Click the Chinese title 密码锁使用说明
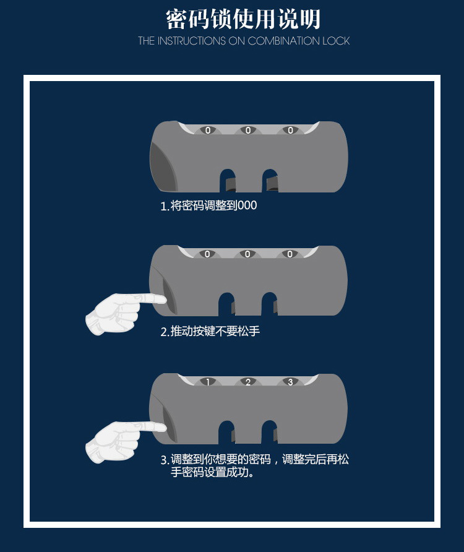tap(243, 19)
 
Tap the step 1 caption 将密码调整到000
tap(208, 205)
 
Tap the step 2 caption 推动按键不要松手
tap(210, 331)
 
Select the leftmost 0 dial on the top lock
tap(208, 131)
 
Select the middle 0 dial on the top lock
tap(248, 131)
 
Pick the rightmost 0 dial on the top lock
tap(290, 131)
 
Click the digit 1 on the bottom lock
tap(208, 382)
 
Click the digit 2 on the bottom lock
tap(248, 382)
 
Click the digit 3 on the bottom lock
tap(290, 382)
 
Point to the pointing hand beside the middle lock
tap(121, 313)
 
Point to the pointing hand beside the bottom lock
tap(121, 441)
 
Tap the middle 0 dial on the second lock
tap(248, 254)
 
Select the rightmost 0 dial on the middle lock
tap(290, 254)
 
